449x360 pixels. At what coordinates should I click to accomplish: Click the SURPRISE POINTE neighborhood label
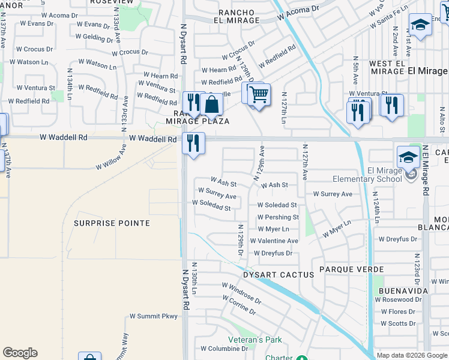click(x=112, y=223)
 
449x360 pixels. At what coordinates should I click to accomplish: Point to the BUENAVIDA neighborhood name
click(x=403, y=290)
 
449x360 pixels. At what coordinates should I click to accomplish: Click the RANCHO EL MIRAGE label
click(x=231, y=16)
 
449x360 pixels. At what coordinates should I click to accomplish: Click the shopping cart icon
click(x=259, y=94)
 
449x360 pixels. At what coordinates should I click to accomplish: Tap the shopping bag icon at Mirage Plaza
click(x=212, y=104)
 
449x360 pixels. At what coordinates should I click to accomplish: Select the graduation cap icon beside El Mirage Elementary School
click(x=408, y=157)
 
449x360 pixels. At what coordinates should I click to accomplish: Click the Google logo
click(x=20, y=353)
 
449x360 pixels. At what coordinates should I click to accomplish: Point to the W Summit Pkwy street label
click(x=154, y=316)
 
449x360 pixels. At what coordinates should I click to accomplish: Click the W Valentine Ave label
click(x=277, y=241)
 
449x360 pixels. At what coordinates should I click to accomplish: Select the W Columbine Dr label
click(x=220, y=349)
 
